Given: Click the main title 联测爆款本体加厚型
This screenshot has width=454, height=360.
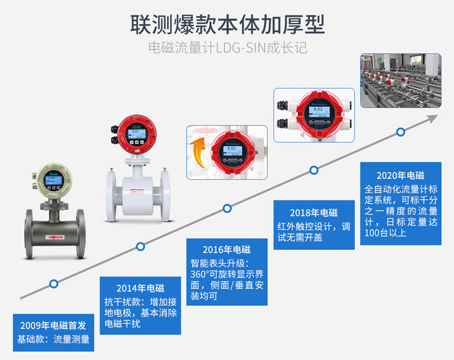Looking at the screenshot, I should (228, 25).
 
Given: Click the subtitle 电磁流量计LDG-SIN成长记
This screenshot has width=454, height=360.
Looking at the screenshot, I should (228, 47).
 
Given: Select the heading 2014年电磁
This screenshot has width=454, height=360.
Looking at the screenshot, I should (140, 288).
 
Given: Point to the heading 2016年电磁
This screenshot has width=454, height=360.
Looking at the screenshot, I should (227, 250).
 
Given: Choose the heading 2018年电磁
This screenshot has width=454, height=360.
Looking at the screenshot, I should (314, 212).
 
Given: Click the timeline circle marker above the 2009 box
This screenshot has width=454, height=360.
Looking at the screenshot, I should (53, 284).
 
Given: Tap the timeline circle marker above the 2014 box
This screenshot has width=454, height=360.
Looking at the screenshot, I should (140, 247).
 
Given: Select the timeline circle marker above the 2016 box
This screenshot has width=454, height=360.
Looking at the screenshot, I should (228, 208).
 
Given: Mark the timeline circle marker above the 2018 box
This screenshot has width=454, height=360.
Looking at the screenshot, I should (314, 170).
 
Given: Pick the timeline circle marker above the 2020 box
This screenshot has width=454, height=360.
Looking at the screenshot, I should (401, 132).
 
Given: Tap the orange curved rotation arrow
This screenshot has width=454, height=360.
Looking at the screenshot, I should (200, 151).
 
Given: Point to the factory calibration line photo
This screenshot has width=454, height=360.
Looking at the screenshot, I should (401, 81).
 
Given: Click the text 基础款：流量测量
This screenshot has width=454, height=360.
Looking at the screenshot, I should (53, 339).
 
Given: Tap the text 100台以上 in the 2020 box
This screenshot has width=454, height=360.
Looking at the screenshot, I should (386, 233).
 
